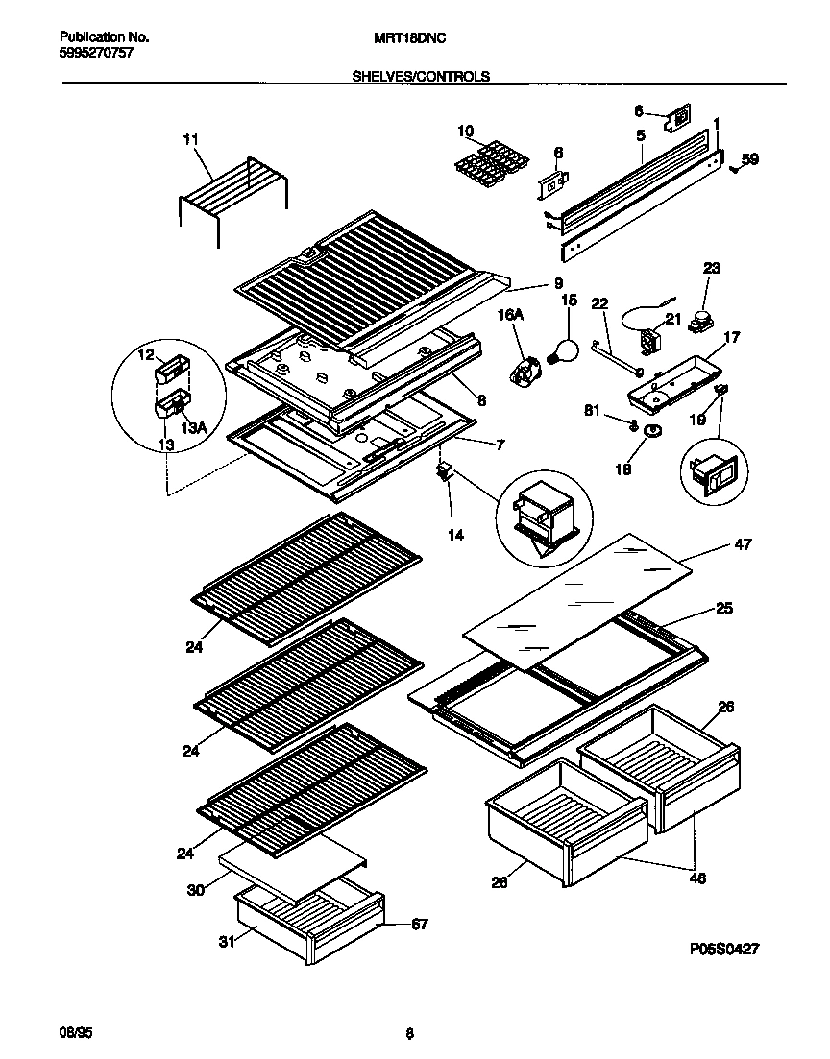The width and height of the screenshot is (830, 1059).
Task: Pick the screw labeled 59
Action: [x=734, y=169]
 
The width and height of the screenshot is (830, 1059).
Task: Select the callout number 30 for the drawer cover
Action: [x=194, y=889]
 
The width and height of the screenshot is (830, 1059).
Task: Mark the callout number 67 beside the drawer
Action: [x=419, y=925]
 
